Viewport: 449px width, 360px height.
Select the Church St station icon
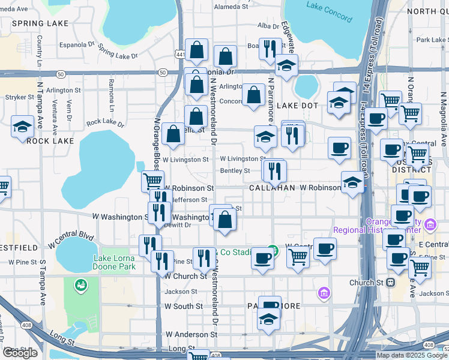tap(391, 282)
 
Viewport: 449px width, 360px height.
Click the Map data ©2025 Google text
tap(412, 355)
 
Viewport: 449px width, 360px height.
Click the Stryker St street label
tap(17, 96)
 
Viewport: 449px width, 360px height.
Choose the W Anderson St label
tap(190, 334)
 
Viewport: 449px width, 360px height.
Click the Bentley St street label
tap(235, 171)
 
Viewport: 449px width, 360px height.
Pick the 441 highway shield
tap(179, 54)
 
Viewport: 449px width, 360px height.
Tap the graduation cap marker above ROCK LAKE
tap(23, 127)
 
